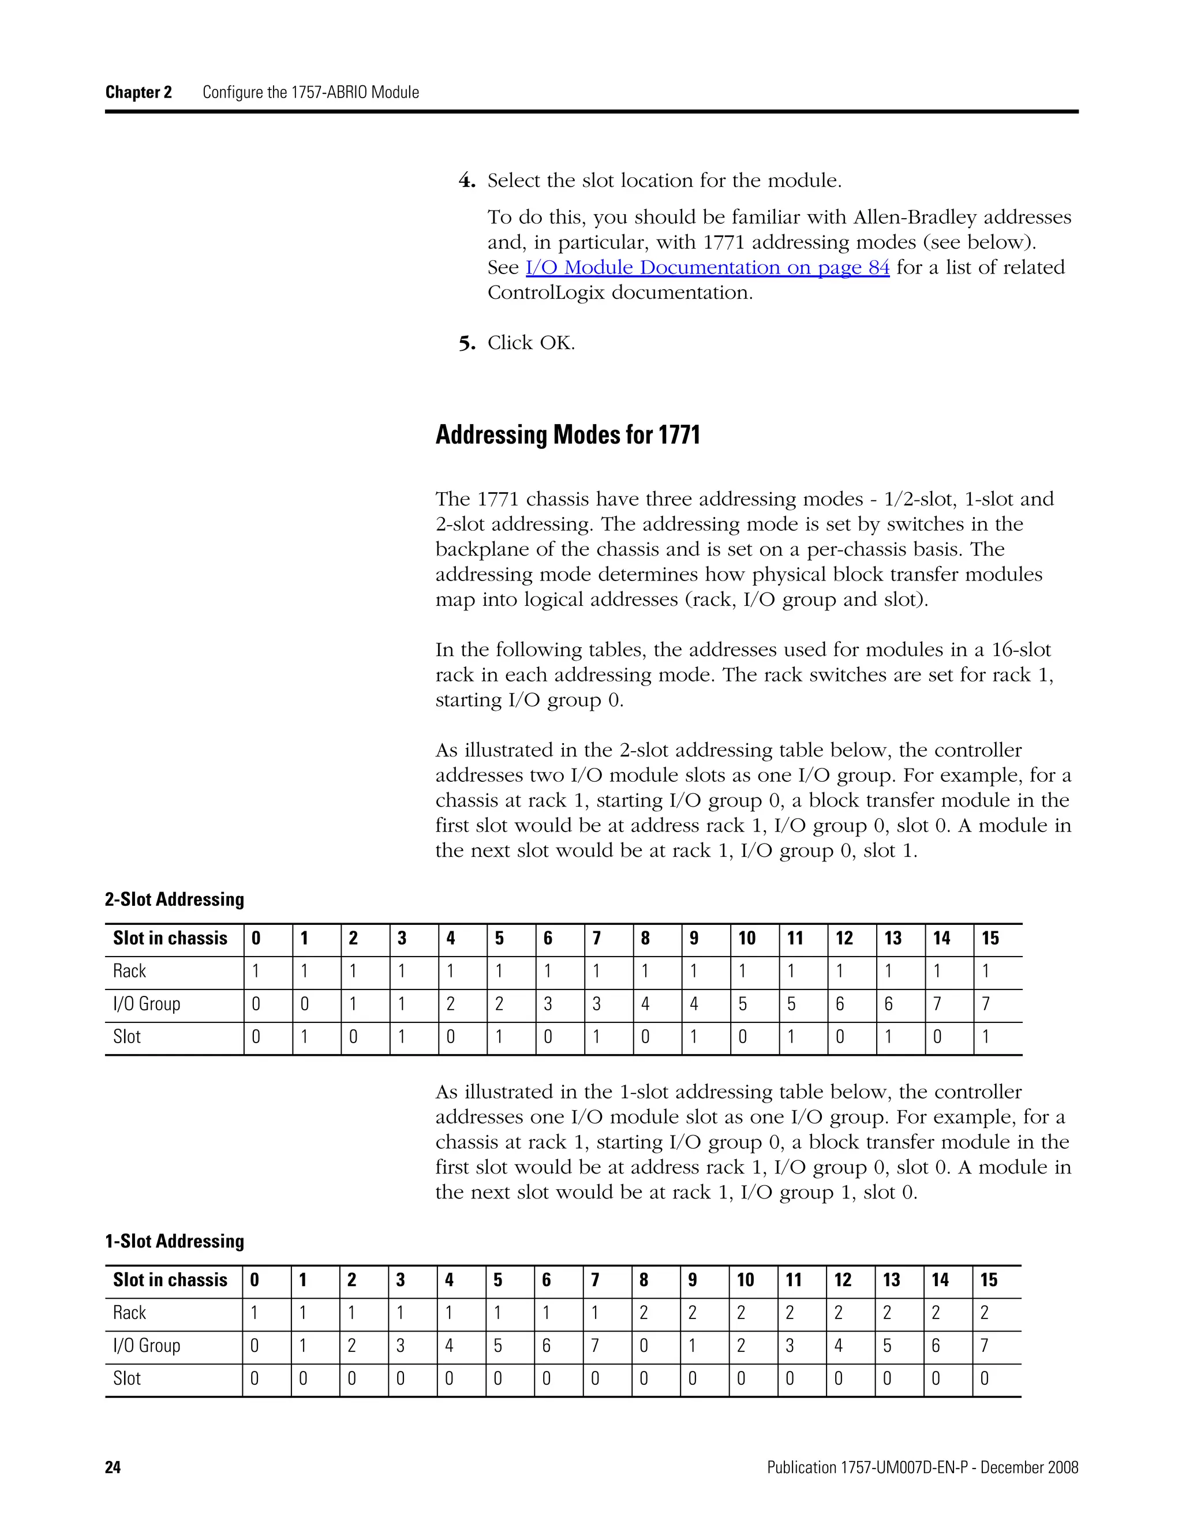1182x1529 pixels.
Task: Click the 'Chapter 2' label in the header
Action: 138,92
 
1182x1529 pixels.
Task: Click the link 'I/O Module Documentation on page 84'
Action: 707,268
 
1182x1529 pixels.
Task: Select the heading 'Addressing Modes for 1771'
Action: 567,435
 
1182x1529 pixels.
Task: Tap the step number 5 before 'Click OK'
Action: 467,344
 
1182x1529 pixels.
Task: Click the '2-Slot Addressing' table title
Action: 174,899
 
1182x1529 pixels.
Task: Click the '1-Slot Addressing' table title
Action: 174,1241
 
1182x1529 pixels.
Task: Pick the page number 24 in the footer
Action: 113,1467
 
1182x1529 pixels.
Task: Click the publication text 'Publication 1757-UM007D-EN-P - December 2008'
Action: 922,1467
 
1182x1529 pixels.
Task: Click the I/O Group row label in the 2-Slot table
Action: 147,1004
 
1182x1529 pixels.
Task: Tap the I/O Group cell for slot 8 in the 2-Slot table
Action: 645,1004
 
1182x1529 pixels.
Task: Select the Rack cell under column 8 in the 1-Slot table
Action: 644,1313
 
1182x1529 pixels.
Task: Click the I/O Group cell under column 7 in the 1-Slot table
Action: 594,1346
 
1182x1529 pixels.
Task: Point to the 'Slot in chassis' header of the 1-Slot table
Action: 170,1280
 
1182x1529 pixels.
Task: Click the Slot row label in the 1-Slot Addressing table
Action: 127,1378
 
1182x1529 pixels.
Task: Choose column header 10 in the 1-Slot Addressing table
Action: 745,1280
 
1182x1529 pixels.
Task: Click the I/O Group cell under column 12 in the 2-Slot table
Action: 840,1004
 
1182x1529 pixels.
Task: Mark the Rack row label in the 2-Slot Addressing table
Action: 129,971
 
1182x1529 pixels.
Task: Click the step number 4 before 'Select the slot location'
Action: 467,181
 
